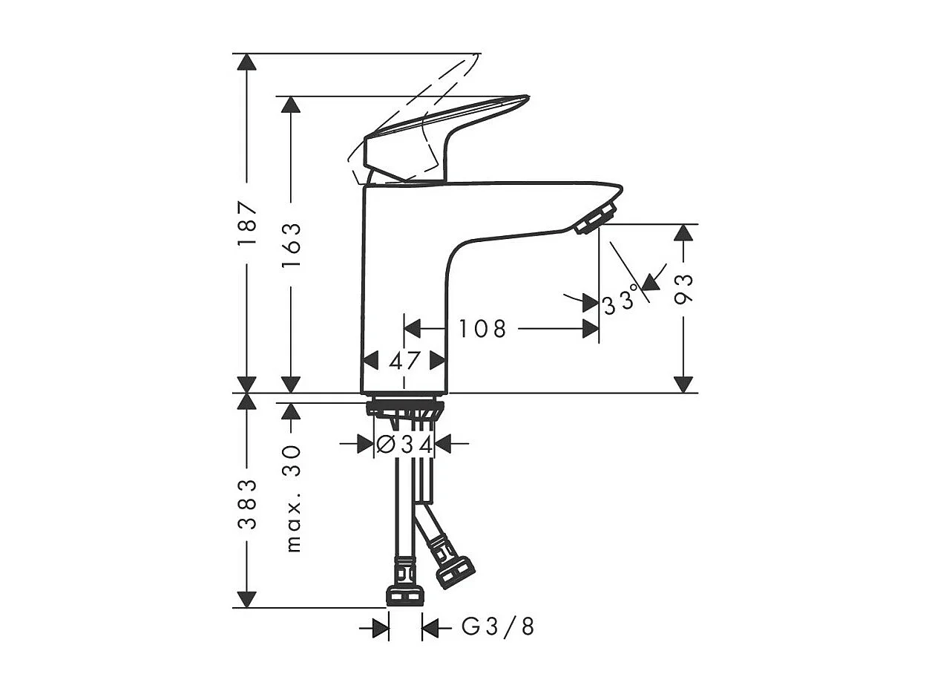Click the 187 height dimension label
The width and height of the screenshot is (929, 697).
[x=247, y=223]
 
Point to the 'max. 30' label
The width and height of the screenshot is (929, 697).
[x=293, y=498]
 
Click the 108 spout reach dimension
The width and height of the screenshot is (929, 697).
[x=482, y=328]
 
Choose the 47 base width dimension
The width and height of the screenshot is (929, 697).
[x=404, y=361]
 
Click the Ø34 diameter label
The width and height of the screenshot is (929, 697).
[x=404, y=444]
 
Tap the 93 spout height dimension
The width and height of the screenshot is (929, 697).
[x=683, y=289]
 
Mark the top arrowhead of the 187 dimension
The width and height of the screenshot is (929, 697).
[x=246, y=62]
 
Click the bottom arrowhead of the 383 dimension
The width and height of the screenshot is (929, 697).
[x=246, y=599]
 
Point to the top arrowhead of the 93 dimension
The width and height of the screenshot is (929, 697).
[x=683, y=233]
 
